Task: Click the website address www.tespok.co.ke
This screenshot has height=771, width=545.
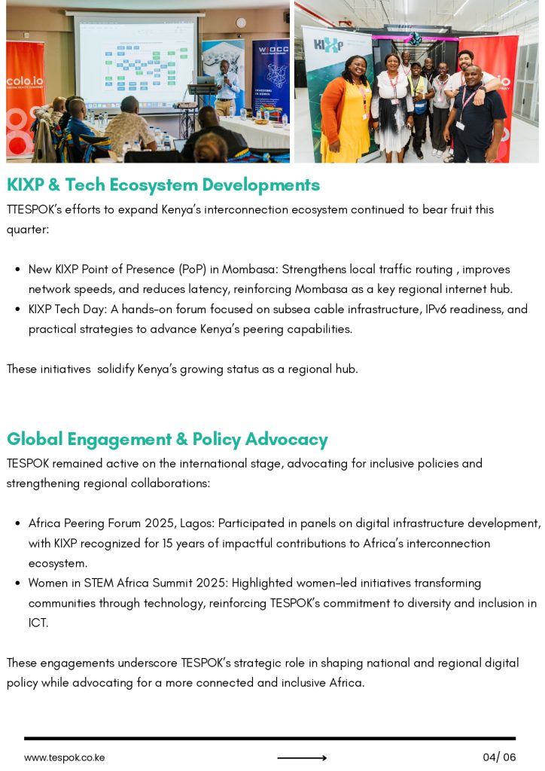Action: click(x=64, y=757)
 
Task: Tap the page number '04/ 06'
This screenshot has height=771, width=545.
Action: click(x=499, y=757)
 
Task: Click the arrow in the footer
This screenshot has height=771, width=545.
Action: click(x=301, y=758)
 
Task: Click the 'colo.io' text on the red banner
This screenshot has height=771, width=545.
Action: click(x=24, y=81)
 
